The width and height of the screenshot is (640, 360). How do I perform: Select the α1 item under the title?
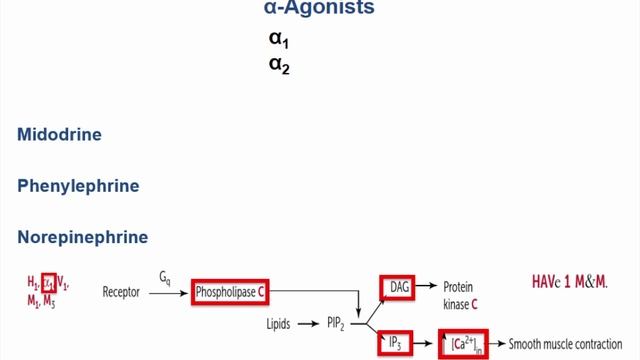278,41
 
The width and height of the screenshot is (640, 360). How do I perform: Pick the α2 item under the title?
278,68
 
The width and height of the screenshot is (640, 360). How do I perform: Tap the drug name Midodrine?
59,134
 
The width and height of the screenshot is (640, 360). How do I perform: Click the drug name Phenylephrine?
78,186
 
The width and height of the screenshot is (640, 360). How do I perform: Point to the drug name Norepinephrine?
83,237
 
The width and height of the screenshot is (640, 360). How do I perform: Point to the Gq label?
166,276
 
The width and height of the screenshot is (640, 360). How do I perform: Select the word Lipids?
280,325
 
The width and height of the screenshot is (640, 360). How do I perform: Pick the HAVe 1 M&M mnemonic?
570,282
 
